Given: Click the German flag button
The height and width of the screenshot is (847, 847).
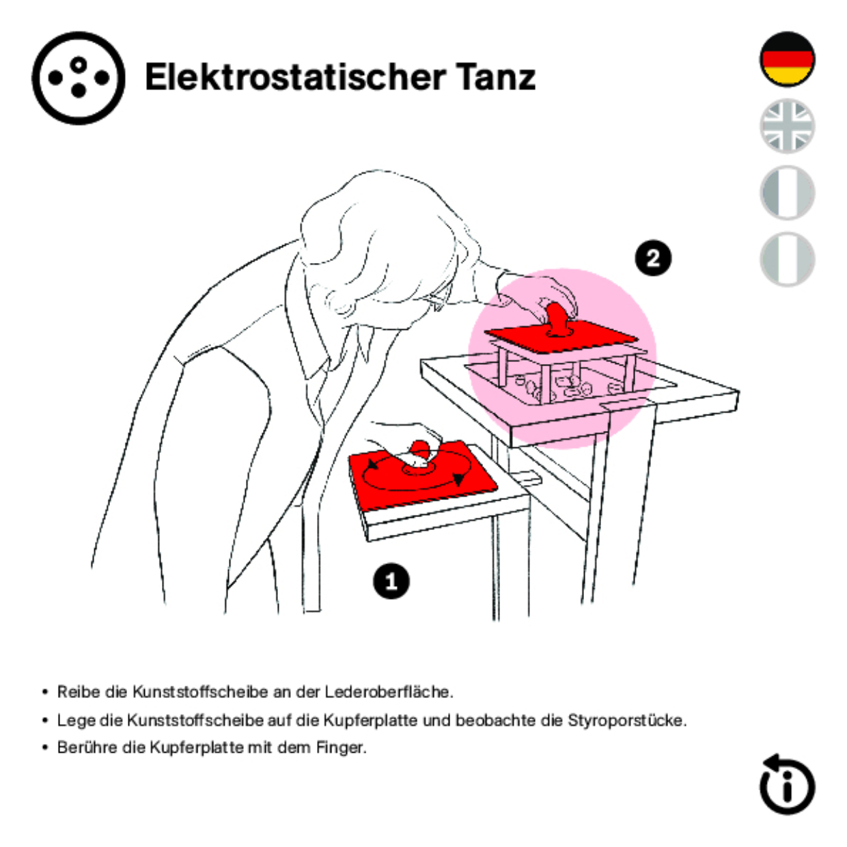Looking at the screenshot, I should [x=787, y=59].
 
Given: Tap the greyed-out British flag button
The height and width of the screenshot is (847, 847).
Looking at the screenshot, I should [x=787, y=126].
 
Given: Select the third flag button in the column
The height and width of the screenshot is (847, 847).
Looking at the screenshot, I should [x=787, y=193].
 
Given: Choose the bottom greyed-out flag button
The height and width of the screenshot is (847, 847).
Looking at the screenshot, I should [x=787, y=259].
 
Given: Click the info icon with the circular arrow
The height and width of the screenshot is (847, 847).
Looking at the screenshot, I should [x=786, y=785].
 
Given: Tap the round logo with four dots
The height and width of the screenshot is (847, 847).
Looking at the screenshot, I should [x=79, y=78].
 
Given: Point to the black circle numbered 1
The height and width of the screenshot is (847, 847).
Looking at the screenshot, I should [x=391, y=581].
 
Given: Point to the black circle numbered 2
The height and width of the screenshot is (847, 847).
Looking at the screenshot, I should [x=653, y=258].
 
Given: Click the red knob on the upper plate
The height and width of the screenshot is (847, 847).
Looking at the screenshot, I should [x=557, y=318].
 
